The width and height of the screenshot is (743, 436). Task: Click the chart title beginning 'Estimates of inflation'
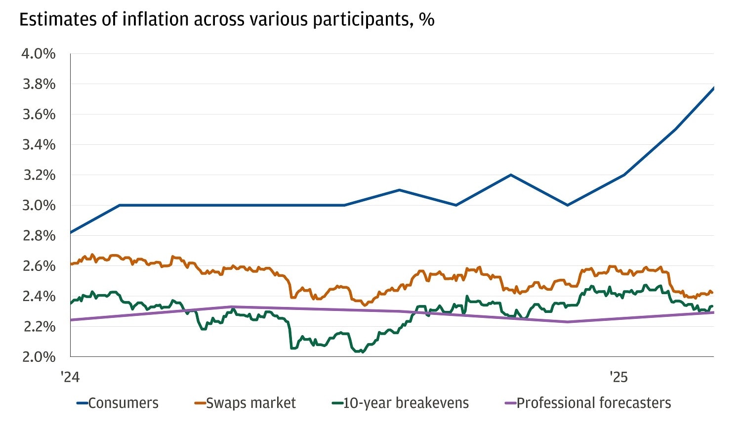226,20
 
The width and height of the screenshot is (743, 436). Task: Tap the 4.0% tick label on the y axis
39,53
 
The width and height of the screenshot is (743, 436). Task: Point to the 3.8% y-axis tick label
39,84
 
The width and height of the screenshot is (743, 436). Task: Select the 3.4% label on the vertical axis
39,145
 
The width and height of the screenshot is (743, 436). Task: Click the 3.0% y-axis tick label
39,205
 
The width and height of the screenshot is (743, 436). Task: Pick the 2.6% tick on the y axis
39,266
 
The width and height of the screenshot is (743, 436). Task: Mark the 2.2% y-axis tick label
39,326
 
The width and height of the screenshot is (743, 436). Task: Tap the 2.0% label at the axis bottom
39,356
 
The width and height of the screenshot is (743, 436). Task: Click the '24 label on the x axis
70,377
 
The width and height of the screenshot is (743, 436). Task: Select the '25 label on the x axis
618,377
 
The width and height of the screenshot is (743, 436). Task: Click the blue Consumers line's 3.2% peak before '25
511,174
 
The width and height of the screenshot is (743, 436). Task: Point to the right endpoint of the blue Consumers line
713,87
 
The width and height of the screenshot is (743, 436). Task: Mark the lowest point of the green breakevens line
362,352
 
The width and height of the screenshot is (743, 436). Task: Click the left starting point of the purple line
71,320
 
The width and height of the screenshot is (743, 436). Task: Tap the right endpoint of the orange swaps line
712,293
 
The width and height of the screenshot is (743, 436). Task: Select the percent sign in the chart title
426,20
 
